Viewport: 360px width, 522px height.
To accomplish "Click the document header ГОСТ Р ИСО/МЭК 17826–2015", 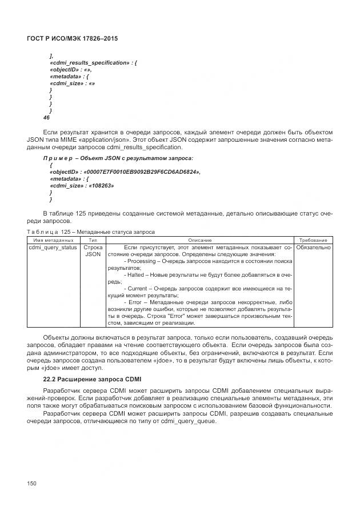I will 76,38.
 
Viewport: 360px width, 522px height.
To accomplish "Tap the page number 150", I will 33,484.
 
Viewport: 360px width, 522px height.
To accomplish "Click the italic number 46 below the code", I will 47,117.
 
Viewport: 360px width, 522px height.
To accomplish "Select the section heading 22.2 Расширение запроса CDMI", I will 92,380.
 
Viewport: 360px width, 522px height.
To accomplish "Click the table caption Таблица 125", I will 90,232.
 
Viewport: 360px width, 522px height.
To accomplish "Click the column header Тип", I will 93,240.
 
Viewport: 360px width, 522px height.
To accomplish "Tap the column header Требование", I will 313,240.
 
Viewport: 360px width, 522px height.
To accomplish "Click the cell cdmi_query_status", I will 53,248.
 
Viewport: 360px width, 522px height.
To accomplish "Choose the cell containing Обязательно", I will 313,248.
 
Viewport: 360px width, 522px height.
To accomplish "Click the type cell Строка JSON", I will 93,251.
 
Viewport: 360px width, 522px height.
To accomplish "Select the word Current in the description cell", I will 142,289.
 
